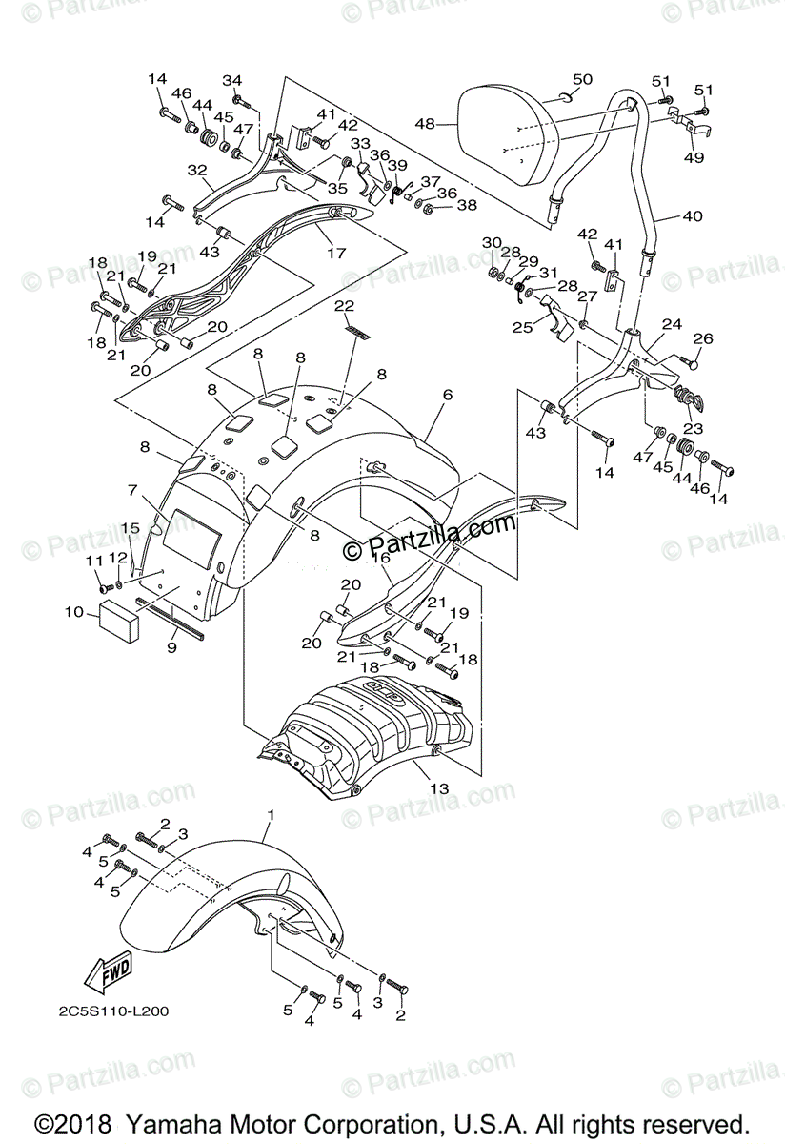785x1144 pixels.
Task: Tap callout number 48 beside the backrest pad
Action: click(424, 124)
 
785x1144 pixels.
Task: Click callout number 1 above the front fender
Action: click(271, 816)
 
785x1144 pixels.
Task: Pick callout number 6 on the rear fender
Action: click(446, 394)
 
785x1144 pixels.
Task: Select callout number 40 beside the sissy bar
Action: click(692, 216)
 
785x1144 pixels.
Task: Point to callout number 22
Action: click(343, 305)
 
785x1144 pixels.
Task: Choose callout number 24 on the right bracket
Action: click(672, 324)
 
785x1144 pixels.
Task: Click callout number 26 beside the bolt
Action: click(702, 338)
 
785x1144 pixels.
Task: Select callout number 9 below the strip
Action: click(171, 648)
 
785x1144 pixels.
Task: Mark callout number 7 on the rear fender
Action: click(133, 490)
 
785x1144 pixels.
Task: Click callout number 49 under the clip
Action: click(694, 157)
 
